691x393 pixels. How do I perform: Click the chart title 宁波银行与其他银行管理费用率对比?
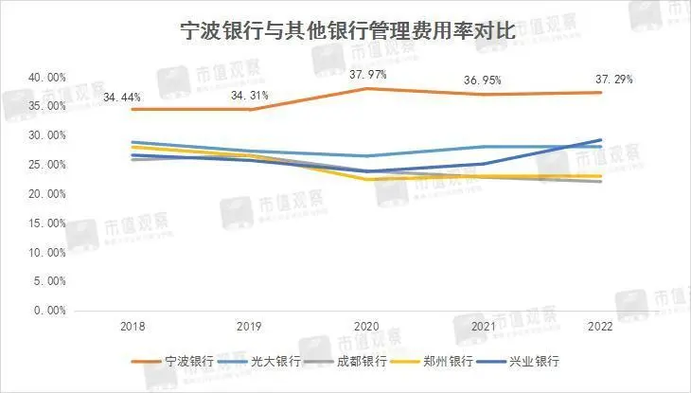[346, 30]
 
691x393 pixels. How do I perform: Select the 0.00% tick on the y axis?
[48, 311]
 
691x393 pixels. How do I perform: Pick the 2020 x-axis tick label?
[364, 327]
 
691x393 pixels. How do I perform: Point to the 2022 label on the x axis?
[599, 327]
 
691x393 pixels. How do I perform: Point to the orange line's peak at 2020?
[364, 88]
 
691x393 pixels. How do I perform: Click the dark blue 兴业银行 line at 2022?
[599, 140]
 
